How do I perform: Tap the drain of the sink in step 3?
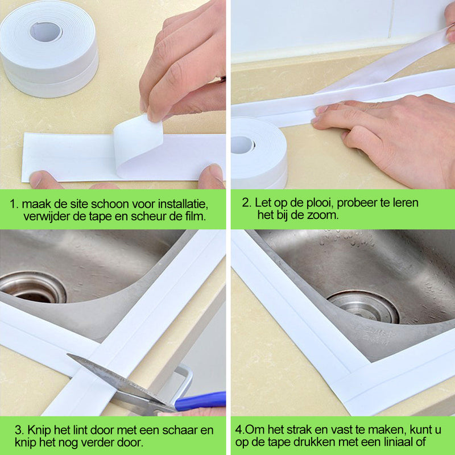coord(34,287)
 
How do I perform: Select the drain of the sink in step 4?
coord(363,307)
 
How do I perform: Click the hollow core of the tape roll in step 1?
coord(45,32)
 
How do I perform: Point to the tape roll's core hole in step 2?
coord(243,144)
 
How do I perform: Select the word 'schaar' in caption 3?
coord(180,430)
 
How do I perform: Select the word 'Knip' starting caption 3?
coord(39,431)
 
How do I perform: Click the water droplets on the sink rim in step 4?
coord(345,241)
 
